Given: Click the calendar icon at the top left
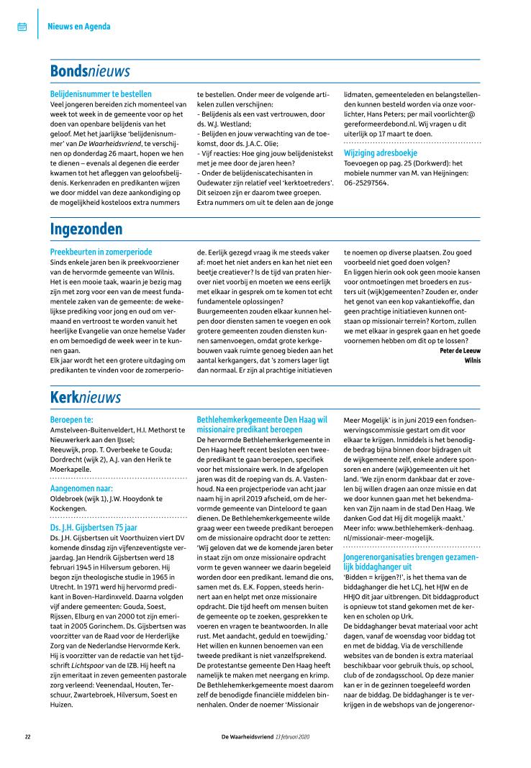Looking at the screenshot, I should pyautogui.click(x=22, y=27).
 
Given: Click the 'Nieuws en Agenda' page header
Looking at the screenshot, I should pyautogui.click(x=79, y=27).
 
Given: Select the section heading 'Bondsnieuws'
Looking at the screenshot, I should pyautogui.click(x=89, y=71).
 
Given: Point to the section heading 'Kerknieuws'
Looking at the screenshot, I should pyautogui.click(x=86, y=397).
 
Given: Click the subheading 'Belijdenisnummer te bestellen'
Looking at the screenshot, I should pyautogui.click(x=101, y=93).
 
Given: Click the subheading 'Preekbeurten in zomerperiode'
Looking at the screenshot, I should pyautogui.click(x=101, y=252).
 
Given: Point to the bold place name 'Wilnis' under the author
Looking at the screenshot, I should pyautogui.click(x=472, y=360).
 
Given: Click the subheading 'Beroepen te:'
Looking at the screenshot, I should pyautogui.click(x=72, y=419).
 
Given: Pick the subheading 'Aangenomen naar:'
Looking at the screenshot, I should pyautogui.click(x=81, y=487).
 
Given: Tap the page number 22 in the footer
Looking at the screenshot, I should pyautogui.click(x=27, y=736).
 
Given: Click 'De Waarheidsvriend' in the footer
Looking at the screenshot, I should pyautogui.click(x=247, y=736).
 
